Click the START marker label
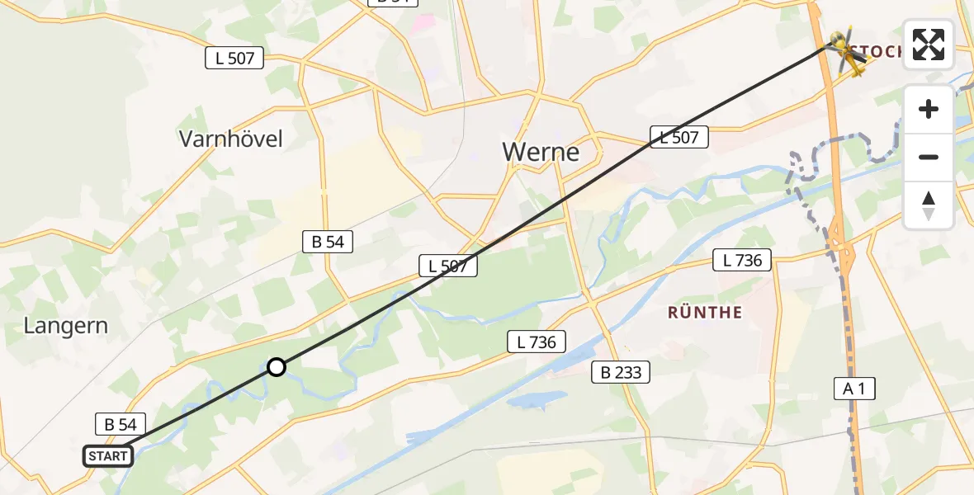point(107,456)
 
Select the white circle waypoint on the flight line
point(277,367)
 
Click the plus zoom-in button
point(929,109)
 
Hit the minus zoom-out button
point(929,157)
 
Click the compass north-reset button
point(929,205)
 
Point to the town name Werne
point(541,153)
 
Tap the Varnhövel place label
point(231,139)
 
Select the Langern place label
point(66,326)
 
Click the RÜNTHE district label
point(705,313)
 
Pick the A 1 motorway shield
point(853,389)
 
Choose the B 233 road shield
point(621,373)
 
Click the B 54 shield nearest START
point(121,425)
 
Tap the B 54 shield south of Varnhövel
point(328,242)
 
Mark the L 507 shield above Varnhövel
point(234,59)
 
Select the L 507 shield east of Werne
point(679,138)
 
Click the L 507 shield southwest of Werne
point(448,266)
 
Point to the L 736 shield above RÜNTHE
point(742,261)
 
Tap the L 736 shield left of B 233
point(537,342)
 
